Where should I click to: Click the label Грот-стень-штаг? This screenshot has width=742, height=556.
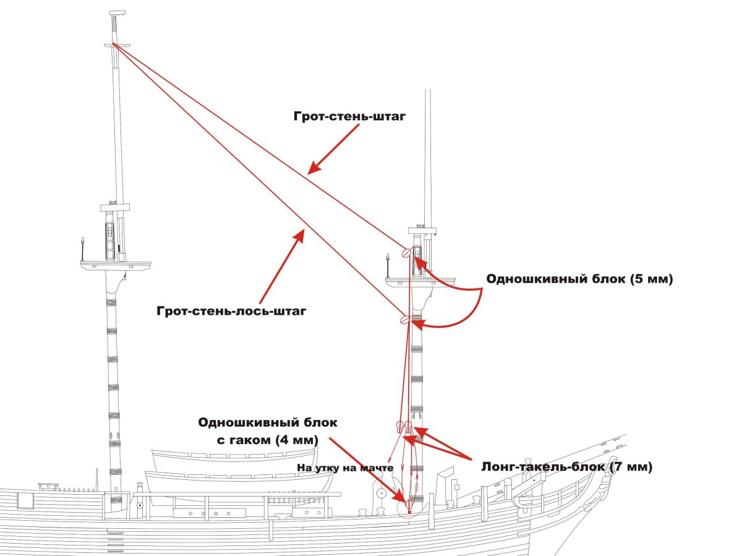[x=349, y=116]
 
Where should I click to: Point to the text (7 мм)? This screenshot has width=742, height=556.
[x=631, y=466]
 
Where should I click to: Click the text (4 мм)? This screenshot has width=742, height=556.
[x=298, y=440]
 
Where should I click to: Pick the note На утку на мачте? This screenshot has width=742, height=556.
[x=345, y=468]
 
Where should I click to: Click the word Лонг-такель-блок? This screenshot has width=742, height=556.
[x=543, y=466]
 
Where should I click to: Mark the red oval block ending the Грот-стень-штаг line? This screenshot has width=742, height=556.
[x=406, y=252]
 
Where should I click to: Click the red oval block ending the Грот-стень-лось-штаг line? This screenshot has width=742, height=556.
[x=406, y=319]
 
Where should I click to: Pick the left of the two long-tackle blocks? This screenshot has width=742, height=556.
[x=399, y=426]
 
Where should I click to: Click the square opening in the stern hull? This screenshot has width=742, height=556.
[x=27, y=500]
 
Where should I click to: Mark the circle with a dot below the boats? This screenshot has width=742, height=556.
[x=140, y=506]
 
